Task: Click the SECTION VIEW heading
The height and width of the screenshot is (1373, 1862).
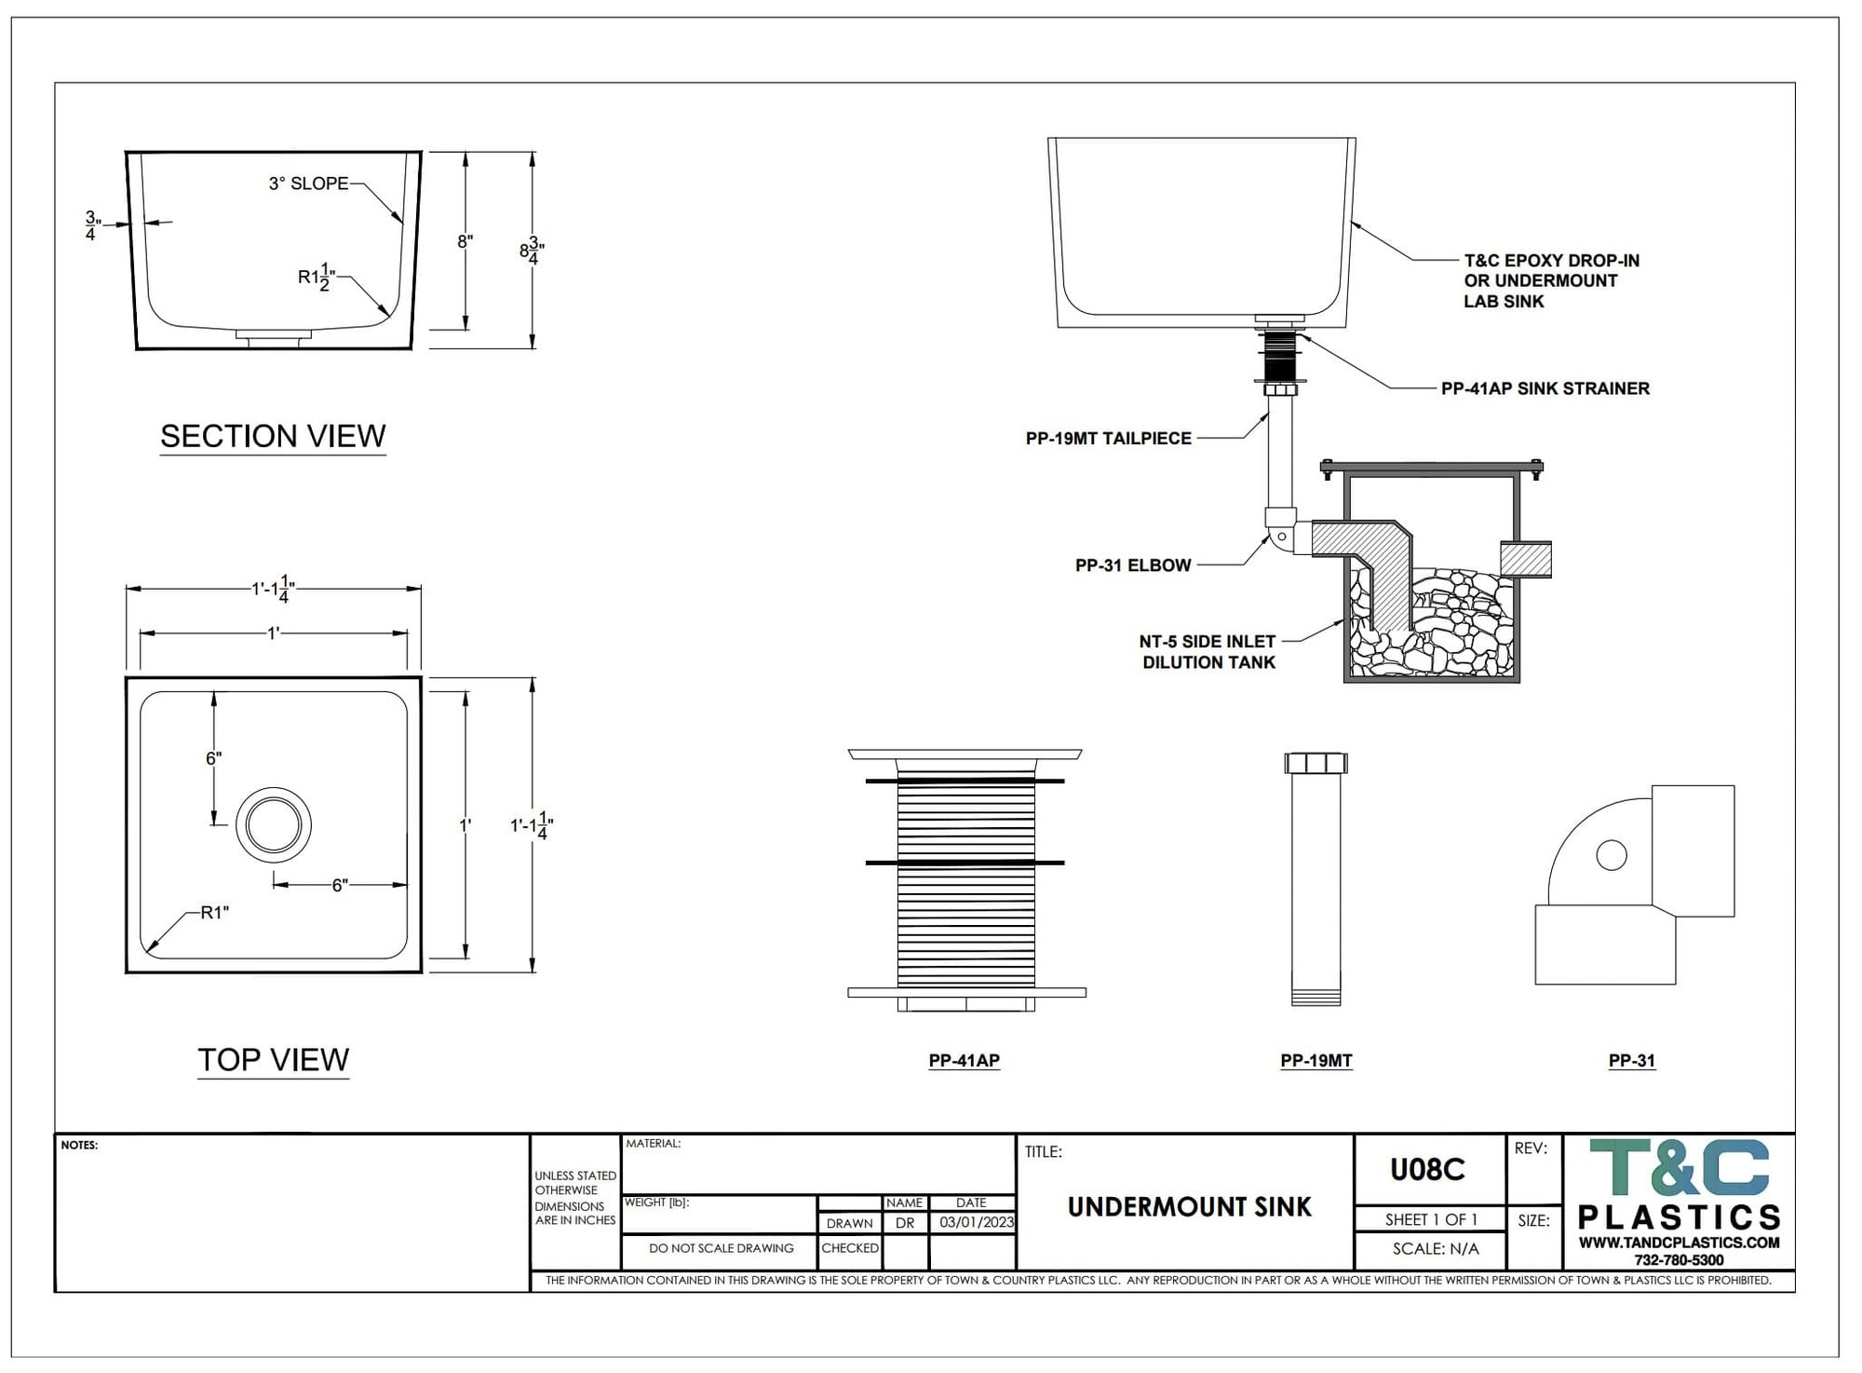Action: click(273, 436)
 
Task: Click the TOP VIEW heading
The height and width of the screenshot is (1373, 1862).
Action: click(273, 1059)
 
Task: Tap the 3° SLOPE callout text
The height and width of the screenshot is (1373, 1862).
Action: click(308, 184)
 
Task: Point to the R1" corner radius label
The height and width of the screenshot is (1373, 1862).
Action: click(214, 913)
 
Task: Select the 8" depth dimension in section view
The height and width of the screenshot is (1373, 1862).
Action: click(465, 242)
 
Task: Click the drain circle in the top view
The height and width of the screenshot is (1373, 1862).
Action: click(274, 825)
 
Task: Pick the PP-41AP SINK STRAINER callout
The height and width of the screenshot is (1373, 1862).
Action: click(1545, 388)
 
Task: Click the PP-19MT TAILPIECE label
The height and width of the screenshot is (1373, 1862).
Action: click(1108, 438)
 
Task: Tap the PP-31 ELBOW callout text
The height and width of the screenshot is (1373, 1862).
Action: click(1133, 565)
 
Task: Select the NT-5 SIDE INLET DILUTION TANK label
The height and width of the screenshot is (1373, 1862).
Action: click(1208, 652)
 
